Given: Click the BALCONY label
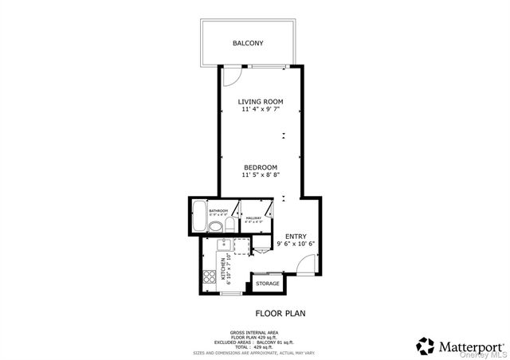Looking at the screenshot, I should (248, 43).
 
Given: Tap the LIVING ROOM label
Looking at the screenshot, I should (261, 102).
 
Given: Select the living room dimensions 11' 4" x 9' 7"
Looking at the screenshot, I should (261, 111).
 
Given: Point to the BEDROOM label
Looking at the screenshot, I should (261, 167).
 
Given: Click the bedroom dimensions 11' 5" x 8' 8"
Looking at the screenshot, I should (261, 175).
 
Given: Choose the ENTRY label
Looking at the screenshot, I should (296, 237).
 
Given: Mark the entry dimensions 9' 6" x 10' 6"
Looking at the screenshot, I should (296, 245).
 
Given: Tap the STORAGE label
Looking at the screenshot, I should (268, 284).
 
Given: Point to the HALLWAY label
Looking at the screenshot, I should (253, 218).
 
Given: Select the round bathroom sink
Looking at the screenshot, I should (215, 228).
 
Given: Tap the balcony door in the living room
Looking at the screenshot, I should (230, 74).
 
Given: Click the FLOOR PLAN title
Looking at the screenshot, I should (280, 314).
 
